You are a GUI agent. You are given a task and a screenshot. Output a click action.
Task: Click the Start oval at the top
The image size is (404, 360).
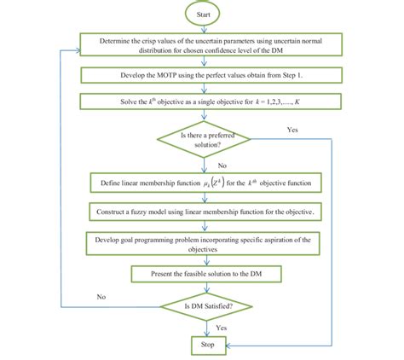pyautogui.click(x=202, y=14)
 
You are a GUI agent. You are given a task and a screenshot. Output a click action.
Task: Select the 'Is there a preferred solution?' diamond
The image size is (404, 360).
pyautogui.click(x=202, y=139)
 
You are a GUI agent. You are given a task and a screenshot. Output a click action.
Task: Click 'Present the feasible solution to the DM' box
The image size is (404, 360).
pyautogui.click(x=202, y=274)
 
